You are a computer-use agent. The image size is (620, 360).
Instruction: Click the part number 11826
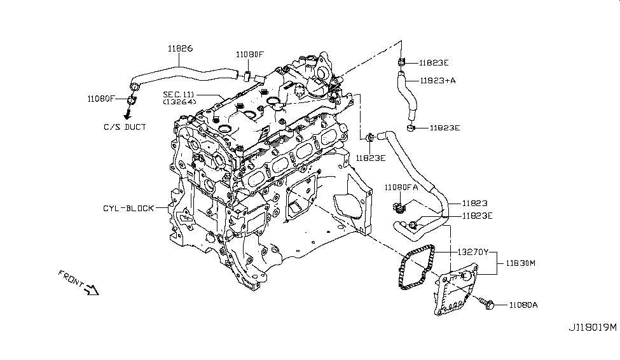(x=181, y=48)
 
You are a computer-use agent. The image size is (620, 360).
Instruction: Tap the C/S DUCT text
(x=125, y=127)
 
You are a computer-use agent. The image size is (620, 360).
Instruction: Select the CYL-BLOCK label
(x=128, y=208)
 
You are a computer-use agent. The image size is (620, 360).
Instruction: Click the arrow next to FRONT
(x=92, y=290)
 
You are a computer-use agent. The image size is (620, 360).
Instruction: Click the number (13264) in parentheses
(x=179, y=101)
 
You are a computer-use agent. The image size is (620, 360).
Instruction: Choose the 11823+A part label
(x=437, y=80)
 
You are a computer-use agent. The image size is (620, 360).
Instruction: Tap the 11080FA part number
(x=401, y=186)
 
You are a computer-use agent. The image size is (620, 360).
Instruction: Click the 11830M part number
(x=521, y=263)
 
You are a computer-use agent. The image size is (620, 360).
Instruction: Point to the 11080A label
(x=523, y=305)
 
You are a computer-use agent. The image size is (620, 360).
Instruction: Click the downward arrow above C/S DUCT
(x=127, y=114)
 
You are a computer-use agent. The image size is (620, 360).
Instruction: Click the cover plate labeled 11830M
(x=454, y=292)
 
